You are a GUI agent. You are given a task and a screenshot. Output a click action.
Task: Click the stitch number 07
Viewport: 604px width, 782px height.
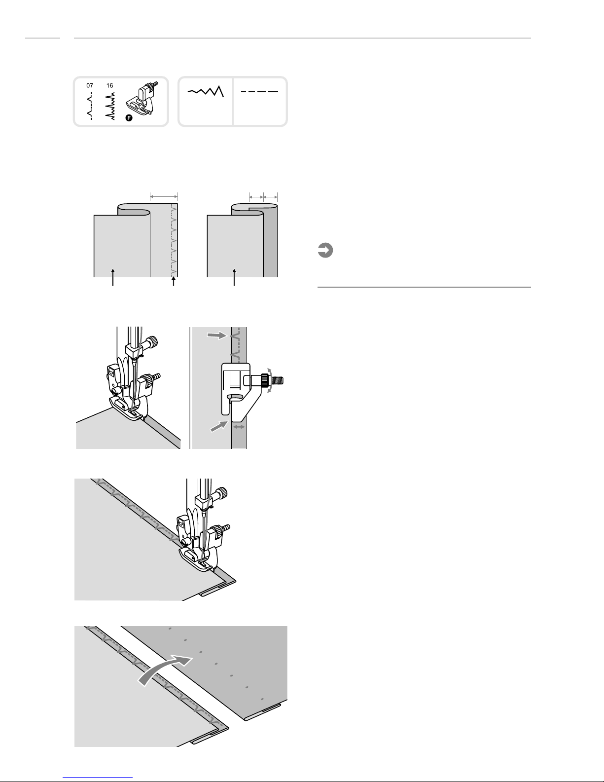[90, 86]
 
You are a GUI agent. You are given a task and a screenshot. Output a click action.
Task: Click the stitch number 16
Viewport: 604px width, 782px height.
[109, 86]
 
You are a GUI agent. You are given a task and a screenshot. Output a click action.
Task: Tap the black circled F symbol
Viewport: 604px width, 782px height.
[129, 118]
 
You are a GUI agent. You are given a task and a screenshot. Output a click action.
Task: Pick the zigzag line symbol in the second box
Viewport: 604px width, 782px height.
[206, 91]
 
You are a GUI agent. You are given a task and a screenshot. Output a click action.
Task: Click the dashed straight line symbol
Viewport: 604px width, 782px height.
[259, 92]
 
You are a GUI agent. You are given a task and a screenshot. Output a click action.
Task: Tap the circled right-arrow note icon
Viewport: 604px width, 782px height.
[325, 250]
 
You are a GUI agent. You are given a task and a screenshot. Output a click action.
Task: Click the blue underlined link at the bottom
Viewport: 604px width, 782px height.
[98, 778]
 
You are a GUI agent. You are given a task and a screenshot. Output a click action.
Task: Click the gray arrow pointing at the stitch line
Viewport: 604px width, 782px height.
[217, 335]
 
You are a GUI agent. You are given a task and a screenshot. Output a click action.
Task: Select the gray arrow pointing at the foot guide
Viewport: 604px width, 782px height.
[219, 426]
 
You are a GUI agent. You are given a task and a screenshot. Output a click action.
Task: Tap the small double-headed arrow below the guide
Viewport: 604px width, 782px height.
[239, 427]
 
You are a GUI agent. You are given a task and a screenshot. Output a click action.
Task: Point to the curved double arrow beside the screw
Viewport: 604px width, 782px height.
[269, 380]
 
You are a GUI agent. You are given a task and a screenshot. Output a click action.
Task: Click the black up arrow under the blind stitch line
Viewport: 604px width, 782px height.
[174, 281]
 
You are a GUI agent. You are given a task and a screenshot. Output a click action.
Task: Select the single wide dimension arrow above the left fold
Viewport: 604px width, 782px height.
[164, 196]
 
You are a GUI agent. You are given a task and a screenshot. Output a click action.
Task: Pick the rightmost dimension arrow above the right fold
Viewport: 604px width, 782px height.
[270, 196]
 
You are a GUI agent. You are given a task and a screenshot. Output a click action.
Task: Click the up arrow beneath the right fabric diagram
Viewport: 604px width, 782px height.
[234, 277]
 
